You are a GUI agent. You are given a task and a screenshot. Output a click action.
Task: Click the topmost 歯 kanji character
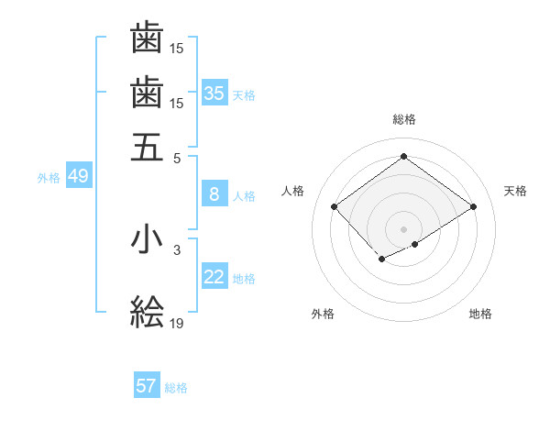pyautogui.click(x=147, y=39)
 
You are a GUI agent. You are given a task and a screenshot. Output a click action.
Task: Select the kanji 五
pyautogui.click(x=147, y=147)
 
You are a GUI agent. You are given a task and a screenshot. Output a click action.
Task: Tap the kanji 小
pyautogui.click(x=147, y=240)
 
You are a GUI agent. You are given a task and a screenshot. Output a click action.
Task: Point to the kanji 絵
pyautogui.click(x=147, y=312)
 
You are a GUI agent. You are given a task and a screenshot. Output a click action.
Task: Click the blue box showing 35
pyautogui.click(x=214, y=94)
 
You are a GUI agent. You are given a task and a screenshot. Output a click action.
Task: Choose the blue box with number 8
pyautogui.click(x=214, y=194)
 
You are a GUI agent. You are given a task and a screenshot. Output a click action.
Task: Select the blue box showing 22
pyautogui.click(x=214, y=278)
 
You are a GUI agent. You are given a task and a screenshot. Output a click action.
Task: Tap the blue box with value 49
pyautogui.click(x=78, y=177)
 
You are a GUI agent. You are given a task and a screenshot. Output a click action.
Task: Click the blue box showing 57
pyautogui.click(x=147, y=386)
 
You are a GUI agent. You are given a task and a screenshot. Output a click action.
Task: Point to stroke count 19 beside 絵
pyautogui.click(x=177, y=322)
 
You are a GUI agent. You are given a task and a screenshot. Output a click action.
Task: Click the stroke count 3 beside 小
pyautogui.click(x=177, y=249)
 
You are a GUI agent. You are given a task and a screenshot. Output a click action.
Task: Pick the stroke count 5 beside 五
pyautogui.click(x=177, y=157)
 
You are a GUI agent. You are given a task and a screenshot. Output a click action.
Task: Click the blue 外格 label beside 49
pyautogui.click(x=49, y=178)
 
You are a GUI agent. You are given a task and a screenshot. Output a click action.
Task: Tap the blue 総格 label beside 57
pyautogui.click(x=176, y=387)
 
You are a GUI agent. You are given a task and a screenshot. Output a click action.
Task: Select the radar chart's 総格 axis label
pyautogui.click(x=403, y=119)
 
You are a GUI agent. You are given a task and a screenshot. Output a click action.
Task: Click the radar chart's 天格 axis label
pyautogui.click(x=515, y=191)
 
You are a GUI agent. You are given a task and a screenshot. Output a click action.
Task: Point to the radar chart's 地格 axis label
pyautogui.click(x=480, y=314)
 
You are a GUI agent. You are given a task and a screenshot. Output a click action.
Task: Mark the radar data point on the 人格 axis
pyautogui.click(x=335, y=206)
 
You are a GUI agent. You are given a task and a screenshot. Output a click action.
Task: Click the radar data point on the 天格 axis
pyautogui.click(x=473, y=206)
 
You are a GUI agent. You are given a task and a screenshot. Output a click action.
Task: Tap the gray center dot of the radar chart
pyautogui.click(x=403, y=228)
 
